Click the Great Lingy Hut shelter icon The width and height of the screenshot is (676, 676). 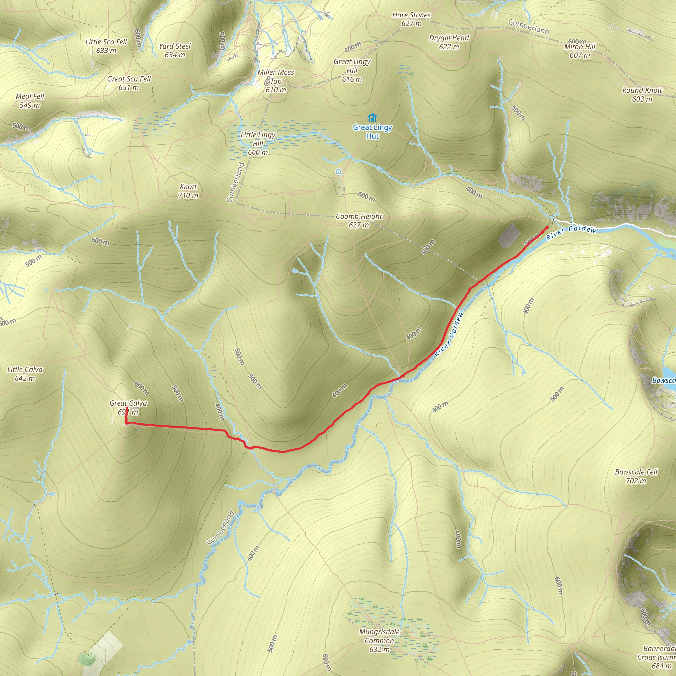372,118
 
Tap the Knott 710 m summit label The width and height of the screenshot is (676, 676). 188,191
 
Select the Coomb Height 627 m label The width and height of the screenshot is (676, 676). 359,220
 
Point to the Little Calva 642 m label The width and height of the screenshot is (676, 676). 25,374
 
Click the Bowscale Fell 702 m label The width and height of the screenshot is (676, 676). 636,476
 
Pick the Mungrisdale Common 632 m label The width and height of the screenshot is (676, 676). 379,641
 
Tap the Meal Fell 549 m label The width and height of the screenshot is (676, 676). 30,100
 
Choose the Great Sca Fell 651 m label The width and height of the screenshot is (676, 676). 129,83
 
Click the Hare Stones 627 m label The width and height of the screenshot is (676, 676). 412,19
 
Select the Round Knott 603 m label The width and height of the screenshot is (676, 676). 642,94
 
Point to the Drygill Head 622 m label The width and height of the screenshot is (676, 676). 449,42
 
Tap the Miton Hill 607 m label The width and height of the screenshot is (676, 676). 580,51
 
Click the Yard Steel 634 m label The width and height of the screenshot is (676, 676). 175,50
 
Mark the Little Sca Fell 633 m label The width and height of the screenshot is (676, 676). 106,46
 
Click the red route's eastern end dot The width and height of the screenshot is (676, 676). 547,228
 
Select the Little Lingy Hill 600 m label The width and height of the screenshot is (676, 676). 258,144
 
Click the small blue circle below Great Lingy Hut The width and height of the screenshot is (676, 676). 338,172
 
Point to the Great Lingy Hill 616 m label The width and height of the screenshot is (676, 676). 352,70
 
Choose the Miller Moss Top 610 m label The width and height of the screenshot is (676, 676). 276,81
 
